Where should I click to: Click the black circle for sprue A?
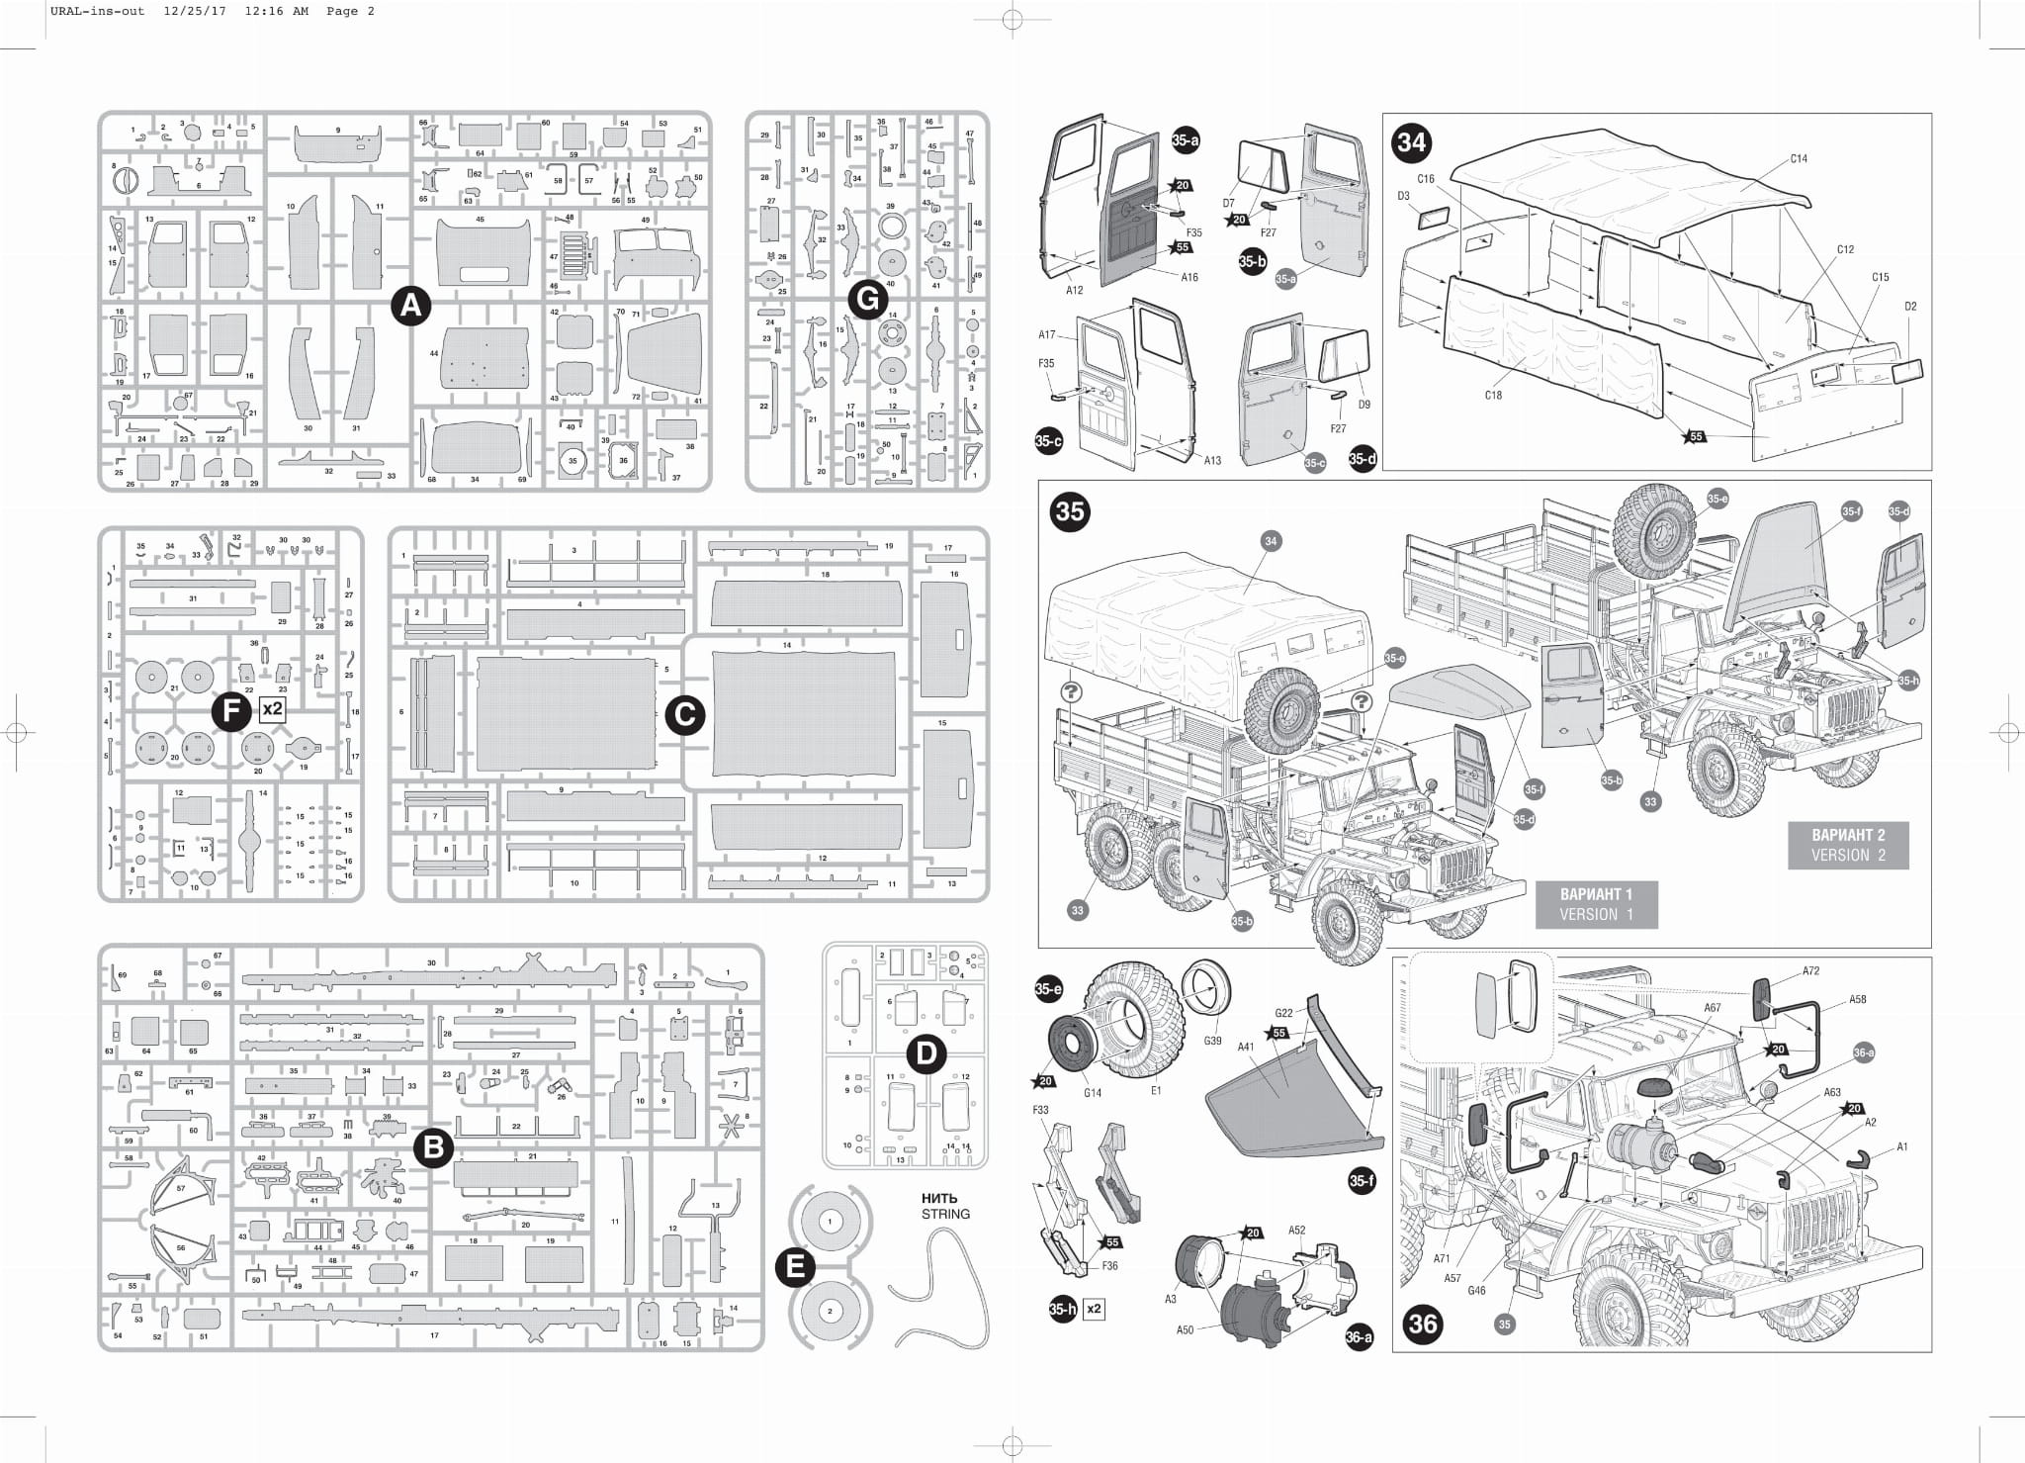410,306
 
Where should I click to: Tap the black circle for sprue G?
868,300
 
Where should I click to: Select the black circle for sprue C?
684,715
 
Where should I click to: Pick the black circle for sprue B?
433,1148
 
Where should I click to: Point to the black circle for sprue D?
925,1054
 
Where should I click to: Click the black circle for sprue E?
795,1267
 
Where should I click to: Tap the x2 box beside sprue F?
272,708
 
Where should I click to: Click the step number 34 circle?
1411,143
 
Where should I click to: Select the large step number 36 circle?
1423,1324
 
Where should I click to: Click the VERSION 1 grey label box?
1596,904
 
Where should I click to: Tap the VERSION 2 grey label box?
1848,846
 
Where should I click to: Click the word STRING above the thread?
945,1214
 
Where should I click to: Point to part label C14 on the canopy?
1799,158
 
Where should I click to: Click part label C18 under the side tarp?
1493,396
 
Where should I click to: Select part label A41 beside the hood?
1246,1047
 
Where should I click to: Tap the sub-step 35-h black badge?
1062,1310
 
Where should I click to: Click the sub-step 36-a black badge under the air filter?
1359,1337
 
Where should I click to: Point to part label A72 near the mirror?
1810,970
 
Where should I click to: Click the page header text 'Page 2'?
350,11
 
